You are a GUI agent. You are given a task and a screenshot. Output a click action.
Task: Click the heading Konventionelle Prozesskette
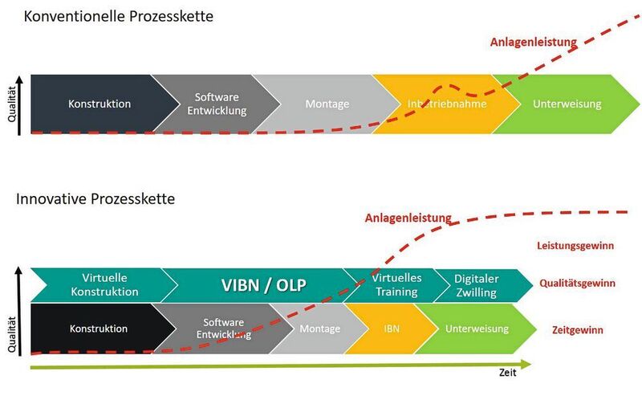click(x=119, y=16)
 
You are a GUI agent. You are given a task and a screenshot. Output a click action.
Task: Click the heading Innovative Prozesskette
click(x=95, y=198)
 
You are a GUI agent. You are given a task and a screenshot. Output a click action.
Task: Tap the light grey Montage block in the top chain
click(x=327, y=104)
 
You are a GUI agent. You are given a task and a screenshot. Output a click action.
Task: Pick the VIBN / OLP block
click(x=263, y=284)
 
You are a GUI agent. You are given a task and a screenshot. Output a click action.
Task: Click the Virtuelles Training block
click(x=396, y=284)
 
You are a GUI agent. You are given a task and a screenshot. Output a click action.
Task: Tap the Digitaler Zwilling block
click(x=476, y=284)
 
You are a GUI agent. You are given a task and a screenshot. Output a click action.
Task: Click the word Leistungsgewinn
click(x=574, y=246)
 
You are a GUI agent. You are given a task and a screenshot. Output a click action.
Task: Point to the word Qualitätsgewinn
click(x=578, y=283)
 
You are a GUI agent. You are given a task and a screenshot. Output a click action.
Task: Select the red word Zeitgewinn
click(x=578, y=329)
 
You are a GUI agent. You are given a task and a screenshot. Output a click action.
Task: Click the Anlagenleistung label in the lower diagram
click(x=408, y=218)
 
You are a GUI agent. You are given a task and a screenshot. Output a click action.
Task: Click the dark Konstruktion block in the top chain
click(x=100, y=104)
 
